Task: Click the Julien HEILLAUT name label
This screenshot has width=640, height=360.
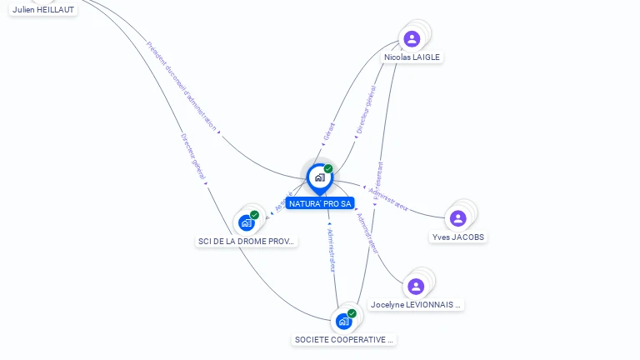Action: click(43, 9)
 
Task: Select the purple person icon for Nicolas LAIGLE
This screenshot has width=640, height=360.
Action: click(412, 38)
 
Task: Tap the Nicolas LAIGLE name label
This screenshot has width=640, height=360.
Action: click(412, 57)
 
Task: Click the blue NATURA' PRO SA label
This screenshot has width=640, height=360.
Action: click(320, 203)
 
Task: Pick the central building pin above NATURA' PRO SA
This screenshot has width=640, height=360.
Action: click(319, 177)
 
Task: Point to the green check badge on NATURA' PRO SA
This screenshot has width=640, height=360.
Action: click(328, 168)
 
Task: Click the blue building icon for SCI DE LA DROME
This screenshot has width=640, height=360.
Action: click(246, 222)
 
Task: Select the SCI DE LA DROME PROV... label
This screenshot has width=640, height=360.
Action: click(246, 241)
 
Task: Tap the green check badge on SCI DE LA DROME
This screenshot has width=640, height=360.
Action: click(254, 215)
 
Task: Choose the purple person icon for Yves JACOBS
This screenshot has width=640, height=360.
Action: click(457, 218)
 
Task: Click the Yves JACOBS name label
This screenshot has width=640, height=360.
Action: click(458, 237)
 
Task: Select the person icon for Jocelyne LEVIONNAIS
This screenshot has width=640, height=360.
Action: click(416, 286)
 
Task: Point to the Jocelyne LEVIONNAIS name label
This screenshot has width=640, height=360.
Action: click(416, 305)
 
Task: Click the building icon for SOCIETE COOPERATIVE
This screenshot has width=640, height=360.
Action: click(343, 321)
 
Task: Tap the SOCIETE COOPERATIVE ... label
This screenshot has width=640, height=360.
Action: click(344, 339)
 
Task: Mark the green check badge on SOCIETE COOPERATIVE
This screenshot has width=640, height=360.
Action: click(352, 313)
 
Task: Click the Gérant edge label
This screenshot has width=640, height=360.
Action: click(329, 132)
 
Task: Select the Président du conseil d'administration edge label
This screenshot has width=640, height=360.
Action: click(181, 86)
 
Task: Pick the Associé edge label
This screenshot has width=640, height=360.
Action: click(283, 201)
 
